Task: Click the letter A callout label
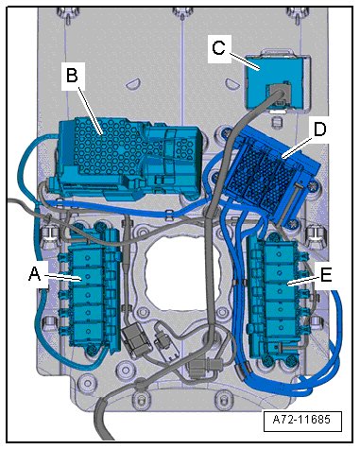click(35, 273)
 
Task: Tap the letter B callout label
click(72, 76)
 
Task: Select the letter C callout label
click(219, 48)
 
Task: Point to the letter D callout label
click(319, 130)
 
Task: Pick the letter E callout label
click(326, 275)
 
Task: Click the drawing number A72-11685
click(301, 420)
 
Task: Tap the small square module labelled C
click(276, 82)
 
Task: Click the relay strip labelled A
click(90, 291)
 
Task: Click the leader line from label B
click(91, 111)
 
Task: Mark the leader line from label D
click(297, 147)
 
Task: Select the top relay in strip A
click(88, 258)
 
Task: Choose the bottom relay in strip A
click(88, 332)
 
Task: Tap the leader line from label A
click(61, 277)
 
